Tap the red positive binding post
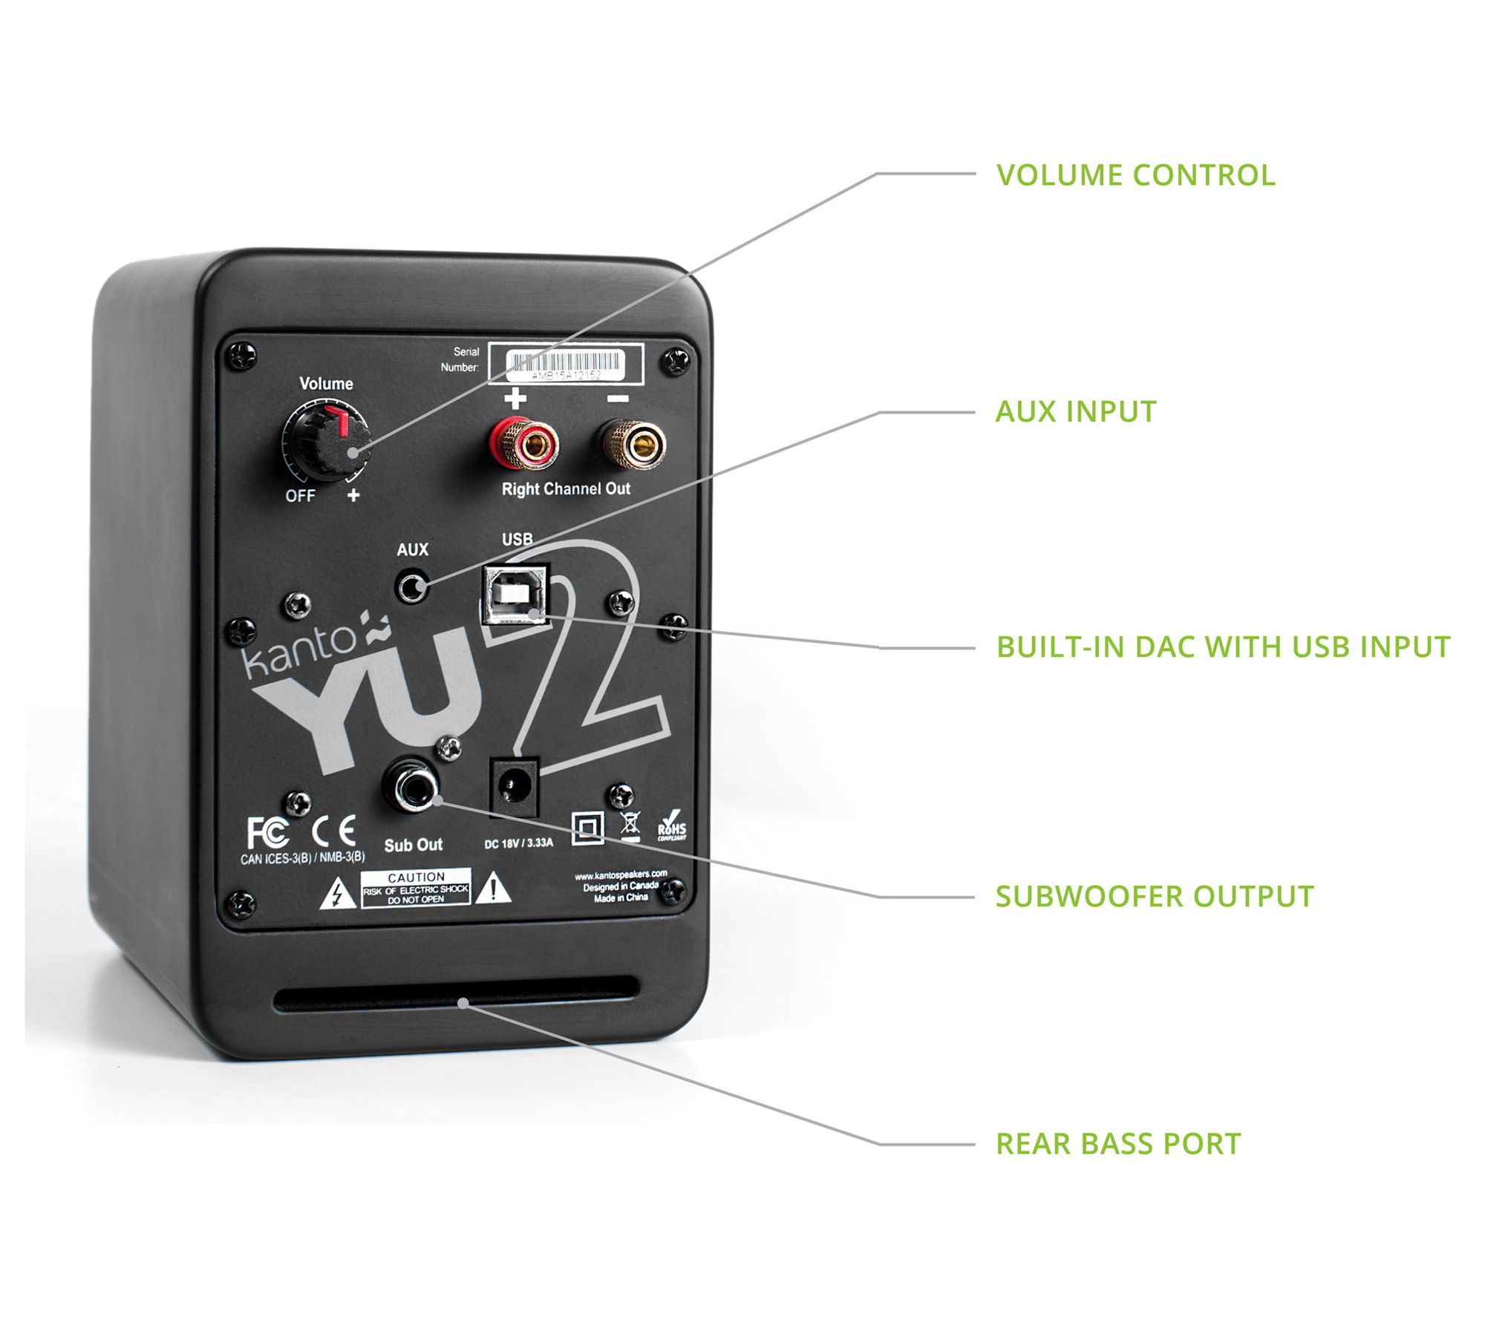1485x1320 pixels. point(524,444)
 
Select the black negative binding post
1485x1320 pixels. point(633,444)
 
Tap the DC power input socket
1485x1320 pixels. point(512,786)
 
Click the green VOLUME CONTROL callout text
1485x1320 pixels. point(1135,175)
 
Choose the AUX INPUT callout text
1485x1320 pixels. point(1075,412)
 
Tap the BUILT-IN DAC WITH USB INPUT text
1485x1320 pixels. point(1222,647)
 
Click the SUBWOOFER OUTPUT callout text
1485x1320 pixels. point(1154,896)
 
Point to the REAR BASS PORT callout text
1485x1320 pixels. point(1117,1144)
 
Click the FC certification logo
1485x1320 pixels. point(267,832)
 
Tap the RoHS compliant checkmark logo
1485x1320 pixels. point(672,825)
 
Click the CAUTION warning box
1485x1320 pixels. point(416,887)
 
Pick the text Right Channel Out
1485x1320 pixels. point(566,489)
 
